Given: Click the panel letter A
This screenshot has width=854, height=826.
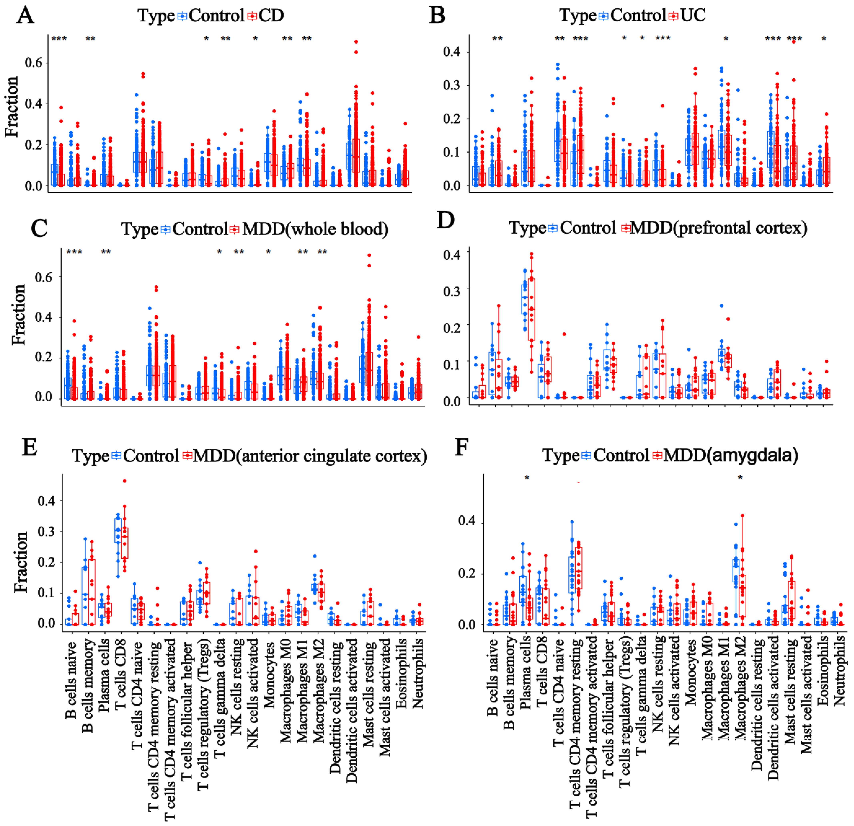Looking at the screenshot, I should click(x=25, y=16).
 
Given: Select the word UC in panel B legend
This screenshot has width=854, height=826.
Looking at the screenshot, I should click(x=693, y=16).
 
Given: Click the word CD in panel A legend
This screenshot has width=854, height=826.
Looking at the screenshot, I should click(x=271, y=16).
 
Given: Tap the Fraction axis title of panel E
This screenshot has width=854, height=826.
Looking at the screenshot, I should click(x=20, y=562).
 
